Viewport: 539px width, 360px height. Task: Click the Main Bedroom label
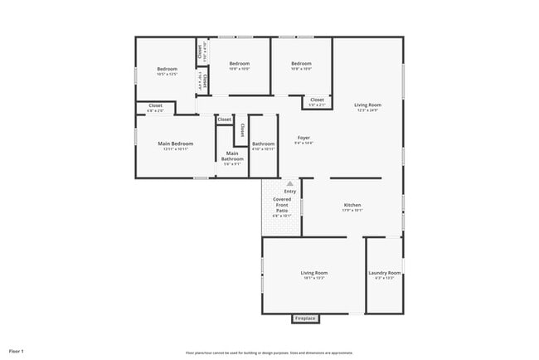[175, 144]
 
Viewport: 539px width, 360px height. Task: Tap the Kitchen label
[352, 205]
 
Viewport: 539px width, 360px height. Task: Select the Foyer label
[304, 138]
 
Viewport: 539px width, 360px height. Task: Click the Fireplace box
[305, 319]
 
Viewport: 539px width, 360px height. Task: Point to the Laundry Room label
[384, 273]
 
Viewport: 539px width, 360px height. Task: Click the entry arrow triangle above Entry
[289, 183]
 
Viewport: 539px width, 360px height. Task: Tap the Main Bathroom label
[232, 156]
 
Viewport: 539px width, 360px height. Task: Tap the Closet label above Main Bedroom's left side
[155, 105]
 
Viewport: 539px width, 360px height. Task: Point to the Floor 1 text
[17, 351]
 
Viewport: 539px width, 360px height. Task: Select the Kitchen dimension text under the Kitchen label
[352, 211]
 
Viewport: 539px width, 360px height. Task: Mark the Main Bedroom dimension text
[175, 149]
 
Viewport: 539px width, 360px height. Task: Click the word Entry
[289, 192]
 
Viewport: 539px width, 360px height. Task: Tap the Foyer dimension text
[304, 144]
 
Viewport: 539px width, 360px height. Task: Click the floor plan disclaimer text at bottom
[269, 352]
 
